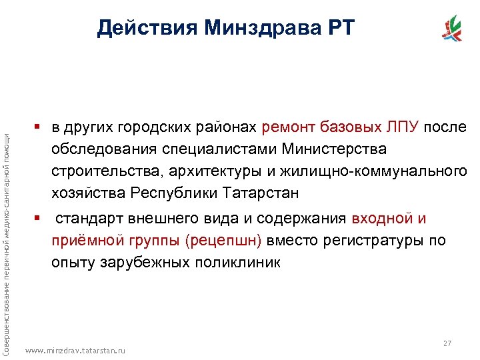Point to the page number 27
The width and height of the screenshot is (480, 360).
(447, 343)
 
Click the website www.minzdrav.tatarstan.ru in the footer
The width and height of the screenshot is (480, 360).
(75, 350)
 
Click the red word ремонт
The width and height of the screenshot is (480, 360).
(291, 127)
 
